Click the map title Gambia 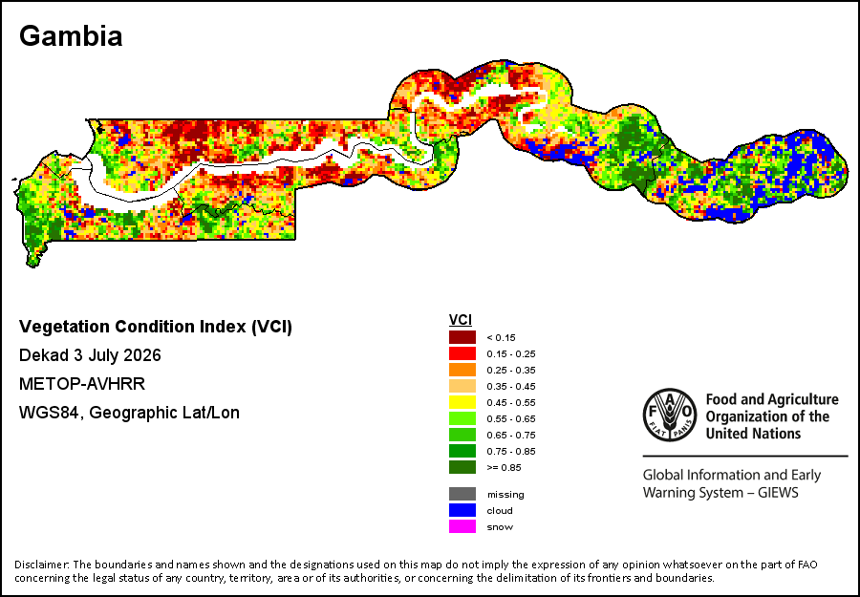click(x=71, y=36)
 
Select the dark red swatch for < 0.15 click(x=462, y=337)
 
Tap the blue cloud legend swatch click(x=462, y=510)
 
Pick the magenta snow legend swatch click(x=462, y=527)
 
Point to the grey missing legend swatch click(x=462, y=494)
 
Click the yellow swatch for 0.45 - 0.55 click(x=462, y=402)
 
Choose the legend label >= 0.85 click(x=504, y=468)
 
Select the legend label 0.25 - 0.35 click(x=511, y=370)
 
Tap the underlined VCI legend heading click(x=461, y=320)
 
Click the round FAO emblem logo click(x=669, y=415)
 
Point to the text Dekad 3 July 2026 click(x=90, y=355)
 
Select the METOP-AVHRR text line click(x=82, y=384)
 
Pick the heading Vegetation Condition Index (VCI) click(x=156, y=327)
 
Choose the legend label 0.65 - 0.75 click(x=511, y=436)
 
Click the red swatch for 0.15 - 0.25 click(x=462, y=353)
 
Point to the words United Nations click(x=754, y=434)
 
